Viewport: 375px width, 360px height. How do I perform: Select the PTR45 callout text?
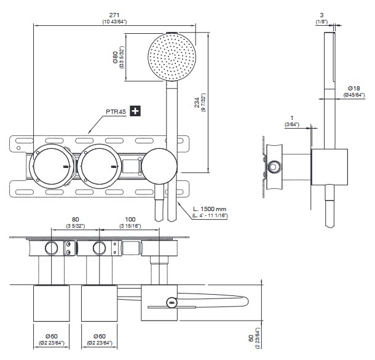coord(115,111)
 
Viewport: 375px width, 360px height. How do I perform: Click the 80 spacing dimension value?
coord(76,219)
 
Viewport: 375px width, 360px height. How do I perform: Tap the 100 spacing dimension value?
coord(130,219)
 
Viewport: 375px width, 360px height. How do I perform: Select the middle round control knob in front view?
coord(98,166)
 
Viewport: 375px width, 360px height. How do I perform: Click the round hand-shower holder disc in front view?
coord(159,166)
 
